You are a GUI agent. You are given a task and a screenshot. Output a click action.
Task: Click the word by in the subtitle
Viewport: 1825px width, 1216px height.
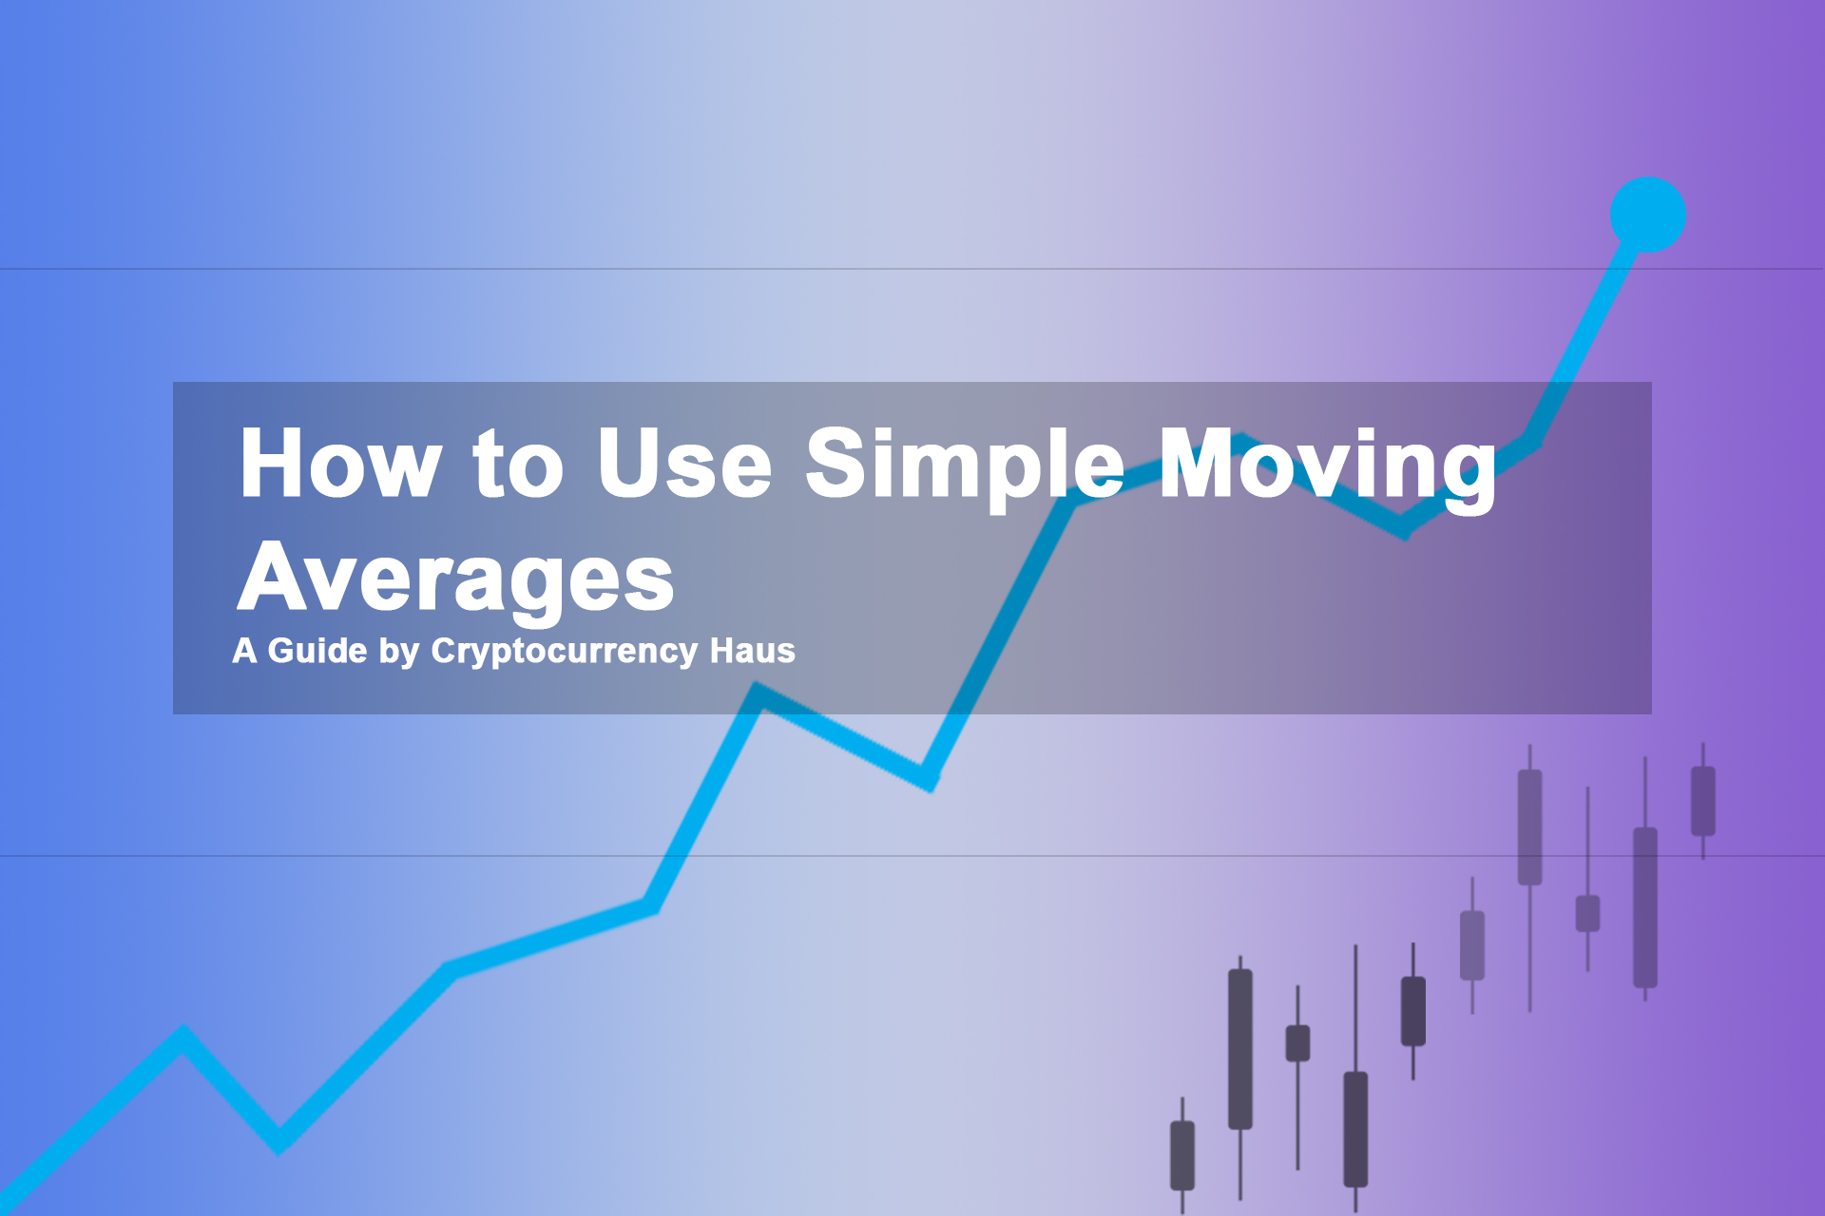click(399, 653)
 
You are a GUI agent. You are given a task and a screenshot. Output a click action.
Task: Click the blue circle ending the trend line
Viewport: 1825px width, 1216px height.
click(1647, 215)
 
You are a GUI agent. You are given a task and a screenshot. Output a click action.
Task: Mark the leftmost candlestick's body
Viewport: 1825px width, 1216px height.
click(1182, 1155)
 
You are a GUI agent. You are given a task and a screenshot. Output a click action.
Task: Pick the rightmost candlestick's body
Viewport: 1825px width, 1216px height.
click(1703, 801)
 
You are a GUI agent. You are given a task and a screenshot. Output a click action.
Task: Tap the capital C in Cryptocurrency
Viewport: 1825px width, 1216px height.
click(445, 651)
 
